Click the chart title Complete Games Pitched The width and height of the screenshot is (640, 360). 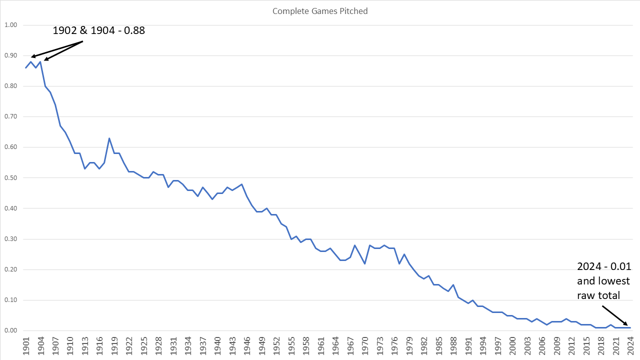(320, 11)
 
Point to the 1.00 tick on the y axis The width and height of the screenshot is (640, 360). (10, 25)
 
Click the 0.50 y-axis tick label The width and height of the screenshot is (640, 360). (10, 178)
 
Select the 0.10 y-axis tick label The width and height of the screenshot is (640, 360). (10, 300)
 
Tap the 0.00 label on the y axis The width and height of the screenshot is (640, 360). (10, 331)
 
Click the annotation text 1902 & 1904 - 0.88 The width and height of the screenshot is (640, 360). (98, 30)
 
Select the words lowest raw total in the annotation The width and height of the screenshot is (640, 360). (603, 288)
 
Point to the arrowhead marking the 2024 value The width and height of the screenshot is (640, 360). (627, 325)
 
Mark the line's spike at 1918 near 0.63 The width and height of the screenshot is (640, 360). (109, 138)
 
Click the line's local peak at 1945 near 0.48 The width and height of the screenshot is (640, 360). (242, 184)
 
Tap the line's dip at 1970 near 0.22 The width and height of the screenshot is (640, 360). (365, 263)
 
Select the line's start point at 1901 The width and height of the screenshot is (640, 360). (26, 67)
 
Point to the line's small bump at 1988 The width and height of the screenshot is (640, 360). (453, 285)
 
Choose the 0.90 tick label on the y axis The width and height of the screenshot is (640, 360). (10, 55)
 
